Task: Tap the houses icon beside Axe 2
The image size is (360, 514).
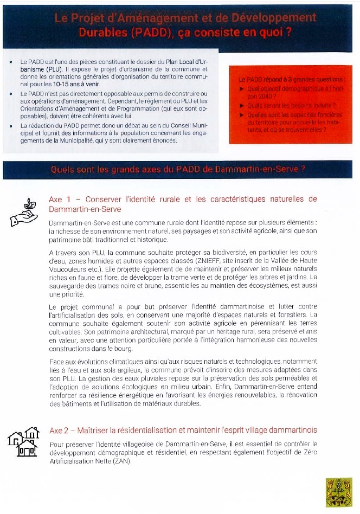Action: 24,441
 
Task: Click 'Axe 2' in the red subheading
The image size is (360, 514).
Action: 59,431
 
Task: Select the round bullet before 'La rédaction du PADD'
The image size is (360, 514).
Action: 11,126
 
